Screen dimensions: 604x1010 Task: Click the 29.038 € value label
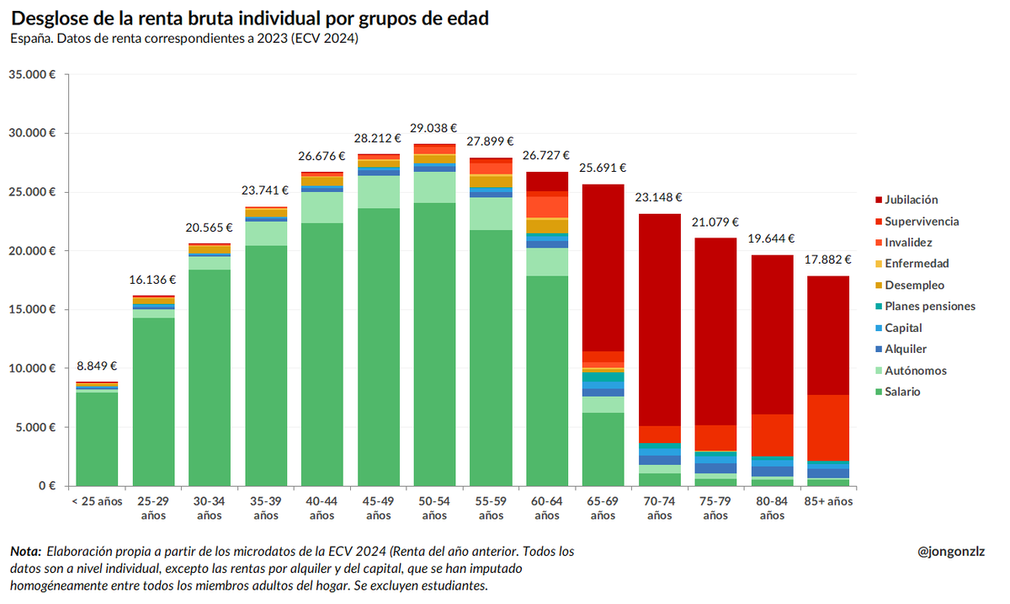pos(433,128)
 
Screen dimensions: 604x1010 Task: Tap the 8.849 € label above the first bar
pos(97,366)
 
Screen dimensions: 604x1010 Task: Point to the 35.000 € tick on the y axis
pos(32,74)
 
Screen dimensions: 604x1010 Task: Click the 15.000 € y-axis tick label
pos(32,309)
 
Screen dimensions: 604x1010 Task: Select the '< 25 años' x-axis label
pos(97,502)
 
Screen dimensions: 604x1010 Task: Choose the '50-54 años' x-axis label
pos(433,508)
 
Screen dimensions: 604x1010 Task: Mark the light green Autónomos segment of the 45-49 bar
pos(378,192)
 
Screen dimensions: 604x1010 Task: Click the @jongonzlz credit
pos(951,552)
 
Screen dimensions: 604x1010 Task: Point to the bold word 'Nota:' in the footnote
pos(25,552)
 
